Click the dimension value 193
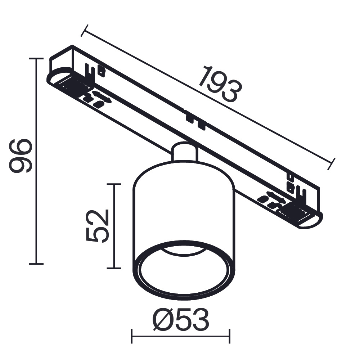[x=219, y=84]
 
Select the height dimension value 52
[x=97, y=225]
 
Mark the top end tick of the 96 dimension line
[x=36, y=58]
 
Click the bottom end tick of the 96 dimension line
[x=36, y=264]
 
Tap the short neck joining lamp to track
[x=184, y=151]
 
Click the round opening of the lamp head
[x=184, y=274]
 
